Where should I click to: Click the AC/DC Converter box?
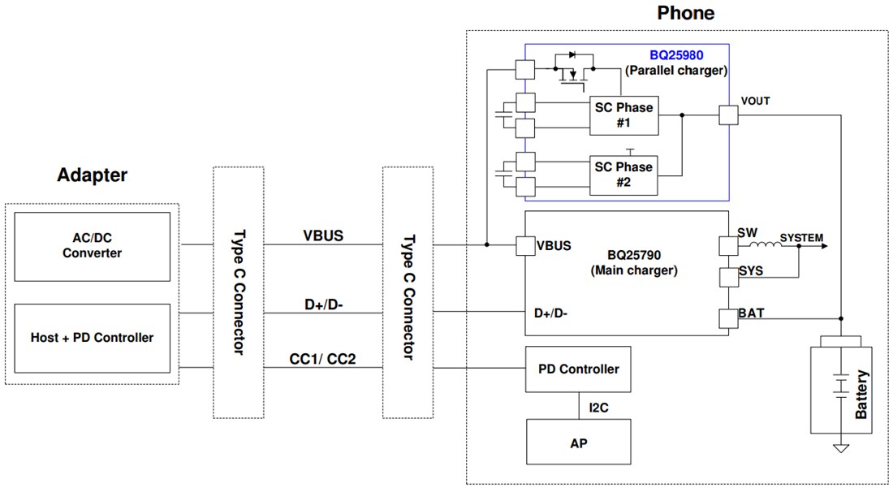tap(93, 246)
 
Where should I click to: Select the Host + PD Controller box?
tap(93, 338)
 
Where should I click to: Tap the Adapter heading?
tap(92, 175)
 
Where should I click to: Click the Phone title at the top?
tap(685, 13)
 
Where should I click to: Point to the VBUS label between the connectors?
tap(322, 236)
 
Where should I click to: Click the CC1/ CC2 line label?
tap(322, 359)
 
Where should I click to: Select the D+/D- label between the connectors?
tap(322, 304)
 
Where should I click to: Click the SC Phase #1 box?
tap(623, 116)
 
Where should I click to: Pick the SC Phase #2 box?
tap(623, 175)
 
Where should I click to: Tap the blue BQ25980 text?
tap(677, 55)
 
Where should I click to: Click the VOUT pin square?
tap(727, 115)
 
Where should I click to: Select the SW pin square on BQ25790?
tap(727, 244)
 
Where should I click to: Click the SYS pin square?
tap(727, 277)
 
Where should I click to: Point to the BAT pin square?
tap(727, 318)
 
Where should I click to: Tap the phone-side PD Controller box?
tap(578, 369)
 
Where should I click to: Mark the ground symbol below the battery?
tap(841, 447)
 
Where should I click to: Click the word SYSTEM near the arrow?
tap(801, 238)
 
